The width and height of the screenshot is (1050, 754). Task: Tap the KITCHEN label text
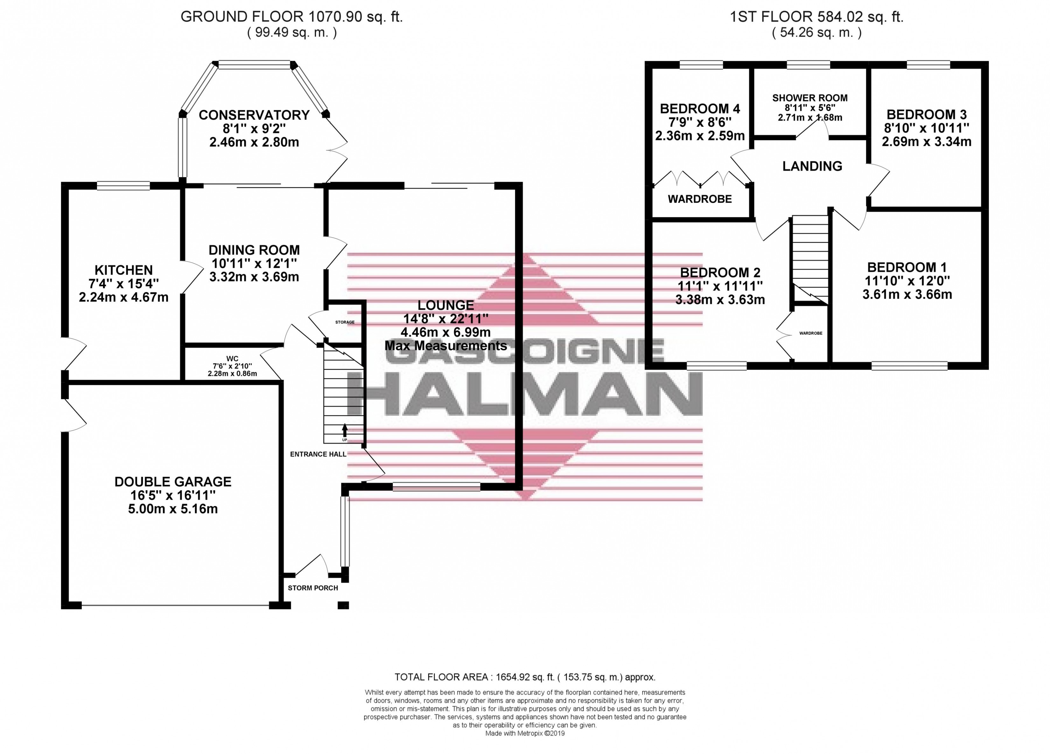[x=123, y=270]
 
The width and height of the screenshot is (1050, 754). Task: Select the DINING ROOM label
[x=254, y=250]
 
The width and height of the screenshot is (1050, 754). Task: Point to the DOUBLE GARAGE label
[x=173, y=482]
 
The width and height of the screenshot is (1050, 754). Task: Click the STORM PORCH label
[x=313, y=588]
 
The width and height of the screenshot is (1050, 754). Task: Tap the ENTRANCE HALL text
[x=318, y=454]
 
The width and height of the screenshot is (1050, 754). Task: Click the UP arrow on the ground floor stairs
[x=345, y=430]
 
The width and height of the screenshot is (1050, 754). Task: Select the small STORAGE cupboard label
[x=345, y=322]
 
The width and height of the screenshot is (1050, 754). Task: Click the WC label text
[x=232, y=359]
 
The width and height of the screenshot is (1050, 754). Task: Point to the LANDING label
[x=812, y=166]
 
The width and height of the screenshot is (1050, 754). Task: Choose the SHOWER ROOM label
[x=810, y=98]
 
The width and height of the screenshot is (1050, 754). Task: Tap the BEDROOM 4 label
[x=700, y=109]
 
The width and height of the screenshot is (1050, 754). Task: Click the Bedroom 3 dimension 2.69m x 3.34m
[x=927, y=141]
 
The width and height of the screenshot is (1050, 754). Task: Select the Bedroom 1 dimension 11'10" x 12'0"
[x=907, y=281]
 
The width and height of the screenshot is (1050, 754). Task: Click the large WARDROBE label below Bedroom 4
[x=700, y=199]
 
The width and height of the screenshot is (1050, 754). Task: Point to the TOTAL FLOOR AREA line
[x=525, y=677]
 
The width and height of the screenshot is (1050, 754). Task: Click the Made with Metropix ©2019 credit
[x=525, y=733]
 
